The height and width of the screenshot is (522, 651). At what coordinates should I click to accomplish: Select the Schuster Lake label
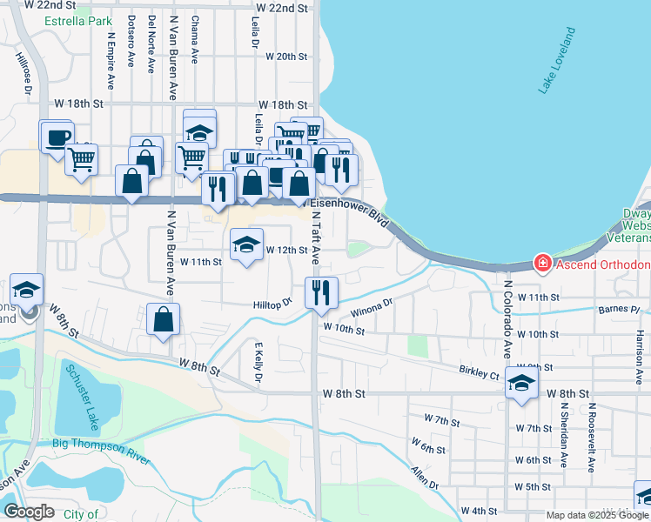pyautogui.click(x=81, y=396)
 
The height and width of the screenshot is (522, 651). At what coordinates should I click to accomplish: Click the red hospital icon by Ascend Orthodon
pyautogui.click(x=542, y=263)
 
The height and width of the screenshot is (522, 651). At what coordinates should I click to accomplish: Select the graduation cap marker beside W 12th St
pyautogui.click(x=246, y=245)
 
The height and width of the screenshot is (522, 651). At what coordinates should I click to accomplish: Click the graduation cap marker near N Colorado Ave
pyautogui.click(x=521, y=383)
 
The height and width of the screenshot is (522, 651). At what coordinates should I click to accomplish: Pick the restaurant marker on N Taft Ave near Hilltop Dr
pyautogui.click(x=321, y=292)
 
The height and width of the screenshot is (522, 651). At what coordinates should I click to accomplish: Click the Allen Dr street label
pyautogui.click(x=426, y=478)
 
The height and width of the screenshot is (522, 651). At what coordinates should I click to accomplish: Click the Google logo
pyautogui.click(x=29, y=512)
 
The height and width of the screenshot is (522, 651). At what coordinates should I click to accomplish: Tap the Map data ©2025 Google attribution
pyautogui.click(x=596, y=515)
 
